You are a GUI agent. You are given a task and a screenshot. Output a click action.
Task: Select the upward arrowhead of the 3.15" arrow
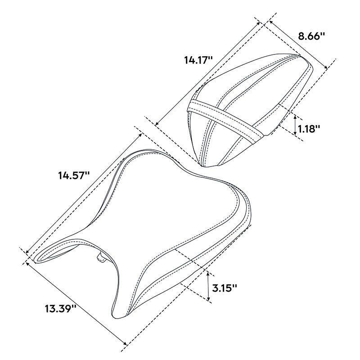(208, 273)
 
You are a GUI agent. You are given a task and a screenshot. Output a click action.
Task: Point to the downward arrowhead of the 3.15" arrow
(208, 299)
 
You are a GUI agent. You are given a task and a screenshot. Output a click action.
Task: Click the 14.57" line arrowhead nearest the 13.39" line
(28, 252)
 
